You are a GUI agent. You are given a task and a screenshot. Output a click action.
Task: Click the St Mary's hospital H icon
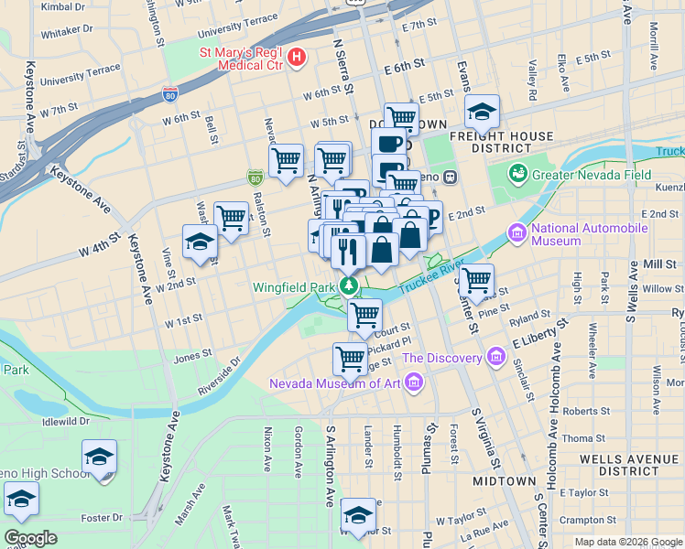coord(296,59)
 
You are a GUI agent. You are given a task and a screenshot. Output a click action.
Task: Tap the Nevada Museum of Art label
coord(334,382)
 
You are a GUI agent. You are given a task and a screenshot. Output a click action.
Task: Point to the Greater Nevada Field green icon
coord(518,173)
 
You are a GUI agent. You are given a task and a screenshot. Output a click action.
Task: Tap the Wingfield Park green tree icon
coord(348,286)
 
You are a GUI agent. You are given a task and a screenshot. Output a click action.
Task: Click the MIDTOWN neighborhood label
coord(504,480)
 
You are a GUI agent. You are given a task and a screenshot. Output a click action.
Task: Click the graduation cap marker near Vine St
coord(199,243)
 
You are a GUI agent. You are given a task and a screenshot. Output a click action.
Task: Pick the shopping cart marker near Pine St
coord(476,279)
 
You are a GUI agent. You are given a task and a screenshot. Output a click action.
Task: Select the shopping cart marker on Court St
coord(365,315)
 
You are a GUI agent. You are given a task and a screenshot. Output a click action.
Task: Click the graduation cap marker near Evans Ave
coord(481,113)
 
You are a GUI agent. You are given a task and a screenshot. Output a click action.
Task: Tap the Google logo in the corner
coord(31,538)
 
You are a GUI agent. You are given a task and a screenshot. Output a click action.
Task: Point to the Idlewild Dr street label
coord(64,422)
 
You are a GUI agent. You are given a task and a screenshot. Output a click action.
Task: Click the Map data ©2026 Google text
coord(627,542)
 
